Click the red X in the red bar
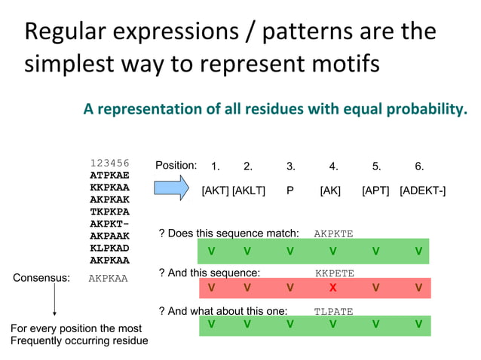click(x=332, y=287)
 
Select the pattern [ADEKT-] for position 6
click(x=422, y=191)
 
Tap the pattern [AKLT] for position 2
click(x=249, y=191)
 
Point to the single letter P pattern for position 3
click(x=290, y=191)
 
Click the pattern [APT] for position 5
click(x=375, y=191)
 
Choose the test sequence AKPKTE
click(x=333, y=234)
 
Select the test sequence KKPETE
click(x=333, y=273)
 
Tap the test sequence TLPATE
click(x=333, y=311)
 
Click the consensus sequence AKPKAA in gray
click(x=109, y=278)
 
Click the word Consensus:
click(x=41, y=278)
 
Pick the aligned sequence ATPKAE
click(x=109, y=175)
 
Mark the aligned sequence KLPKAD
click(x=109, y=248)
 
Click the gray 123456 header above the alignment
click(x=109, y=163)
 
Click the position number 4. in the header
click(x=333, y=166)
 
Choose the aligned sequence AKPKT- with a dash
click(x=109, y=224)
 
